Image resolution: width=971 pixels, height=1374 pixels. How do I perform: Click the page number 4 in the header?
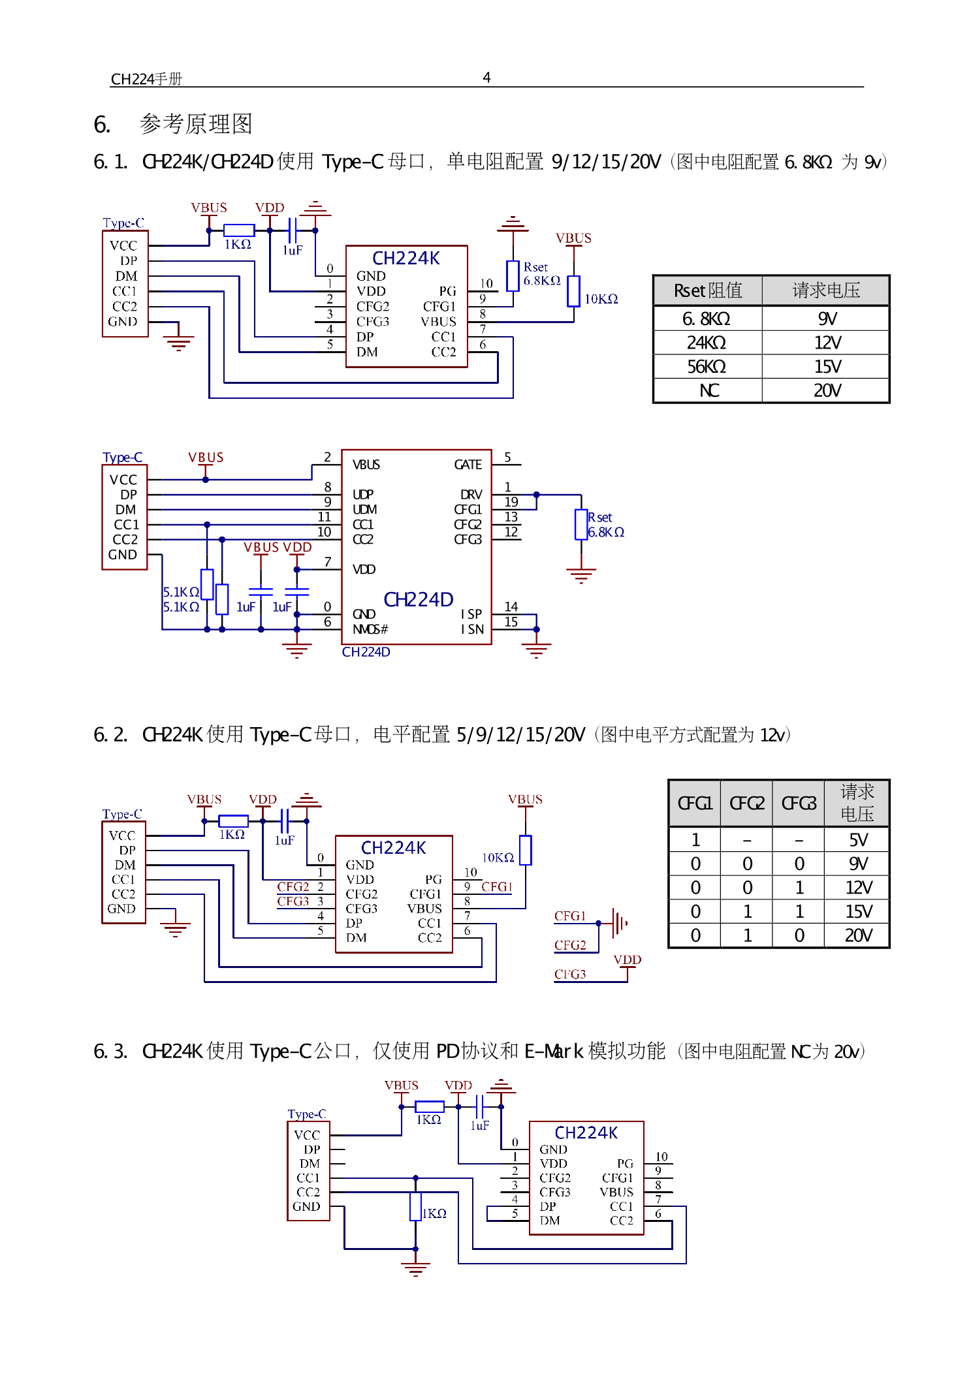pos(486,78)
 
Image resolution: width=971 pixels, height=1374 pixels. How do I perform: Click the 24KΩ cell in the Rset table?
pos(707,343)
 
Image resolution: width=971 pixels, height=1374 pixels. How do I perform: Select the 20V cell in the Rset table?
pos(827,390)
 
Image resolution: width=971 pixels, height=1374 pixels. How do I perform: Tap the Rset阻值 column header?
pos(708,290)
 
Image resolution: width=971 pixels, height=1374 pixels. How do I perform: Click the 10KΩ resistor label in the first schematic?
pos(601,299)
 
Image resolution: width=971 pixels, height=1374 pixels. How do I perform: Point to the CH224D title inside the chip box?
pos(418,599)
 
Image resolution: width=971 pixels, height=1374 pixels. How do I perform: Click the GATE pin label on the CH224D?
pos(468,465)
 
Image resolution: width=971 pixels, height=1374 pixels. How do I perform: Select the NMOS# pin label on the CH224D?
pos(370,629)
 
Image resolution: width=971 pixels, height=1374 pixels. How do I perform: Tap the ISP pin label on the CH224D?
pos(471,614)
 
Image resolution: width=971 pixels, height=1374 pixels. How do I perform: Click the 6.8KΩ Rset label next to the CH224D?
pos(606,532)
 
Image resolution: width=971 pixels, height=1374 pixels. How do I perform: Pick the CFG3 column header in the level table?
pos(799,803)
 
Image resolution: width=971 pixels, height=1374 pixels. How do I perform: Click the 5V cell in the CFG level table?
pos(858,840)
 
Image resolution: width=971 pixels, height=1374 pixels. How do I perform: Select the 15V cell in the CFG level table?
pos(858,912)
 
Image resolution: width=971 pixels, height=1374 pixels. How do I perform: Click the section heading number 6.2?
pos(110,735)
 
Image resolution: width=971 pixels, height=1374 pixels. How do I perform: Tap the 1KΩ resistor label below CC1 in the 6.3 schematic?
pos(434,1213)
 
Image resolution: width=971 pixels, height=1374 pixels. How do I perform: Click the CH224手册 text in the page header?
pos(146,80)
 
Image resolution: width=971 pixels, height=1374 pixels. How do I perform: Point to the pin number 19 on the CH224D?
pos(511,502)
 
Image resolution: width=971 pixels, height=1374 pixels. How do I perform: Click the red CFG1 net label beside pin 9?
pos(496,886)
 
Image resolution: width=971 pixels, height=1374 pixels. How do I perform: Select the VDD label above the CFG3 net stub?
pos(627,960)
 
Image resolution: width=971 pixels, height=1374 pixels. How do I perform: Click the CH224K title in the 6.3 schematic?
pos(586,1132)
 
